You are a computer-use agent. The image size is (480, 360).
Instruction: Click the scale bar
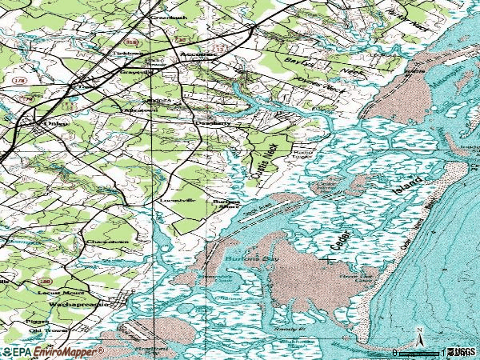[417, 352]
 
